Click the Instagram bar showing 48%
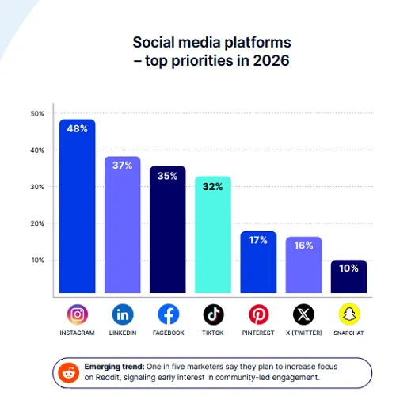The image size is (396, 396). coord(77,206)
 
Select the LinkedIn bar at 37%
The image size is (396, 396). coord(122,226)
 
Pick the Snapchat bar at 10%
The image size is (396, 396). coord(348,277)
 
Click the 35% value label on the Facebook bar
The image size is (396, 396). coord(167,177)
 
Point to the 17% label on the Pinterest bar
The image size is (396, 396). coord(258,240)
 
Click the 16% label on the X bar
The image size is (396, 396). coord(303,246)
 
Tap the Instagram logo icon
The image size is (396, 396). coord(77,314)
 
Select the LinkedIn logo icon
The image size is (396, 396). coord(122,314)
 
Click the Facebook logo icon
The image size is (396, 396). coord(168,314)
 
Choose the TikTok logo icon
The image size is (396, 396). coord(212,314)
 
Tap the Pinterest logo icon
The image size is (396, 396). coord(258,314)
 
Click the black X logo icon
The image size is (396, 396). coord(303,314)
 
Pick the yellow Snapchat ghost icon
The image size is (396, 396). coord(348,314)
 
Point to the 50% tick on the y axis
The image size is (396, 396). coord(37,114)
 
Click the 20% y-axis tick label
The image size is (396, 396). coord(37,223)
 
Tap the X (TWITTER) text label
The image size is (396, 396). coord(303,333)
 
